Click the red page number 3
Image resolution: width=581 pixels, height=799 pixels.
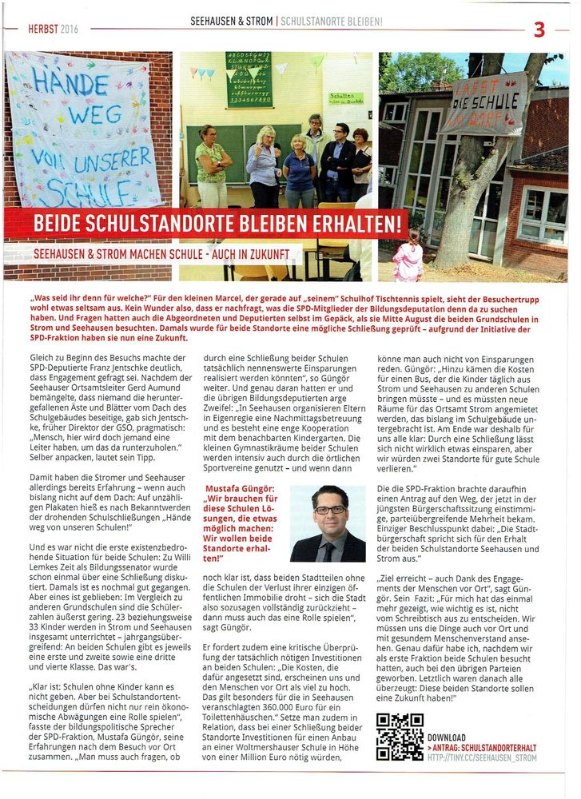pyautogui.click(x=539, y=29)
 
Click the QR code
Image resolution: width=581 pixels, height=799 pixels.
pyautogui.click(x=400, y=737)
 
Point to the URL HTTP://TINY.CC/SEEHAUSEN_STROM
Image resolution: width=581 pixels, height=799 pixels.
pyautogui.click(x=482, y=757)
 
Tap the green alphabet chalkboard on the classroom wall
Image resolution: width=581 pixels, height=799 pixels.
pyautogui.click(x=249, y=79)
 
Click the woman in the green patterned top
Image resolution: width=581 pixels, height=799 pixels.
pyautogui.click(x=211, y=164)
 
